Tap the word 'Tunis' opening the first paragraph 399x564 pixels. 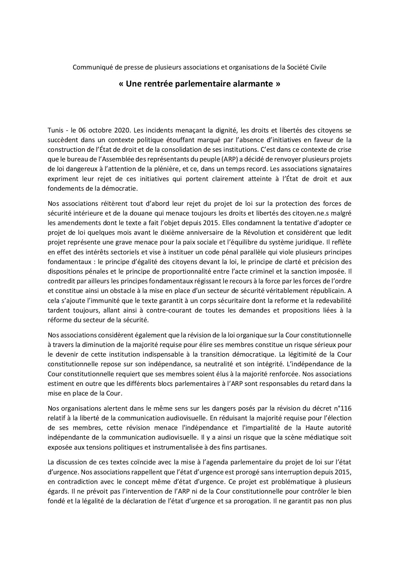pos(55,130)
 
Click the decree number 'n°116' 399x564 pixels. pos(342,408)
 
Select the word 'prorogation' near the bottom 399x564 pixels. pos(252,501)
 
